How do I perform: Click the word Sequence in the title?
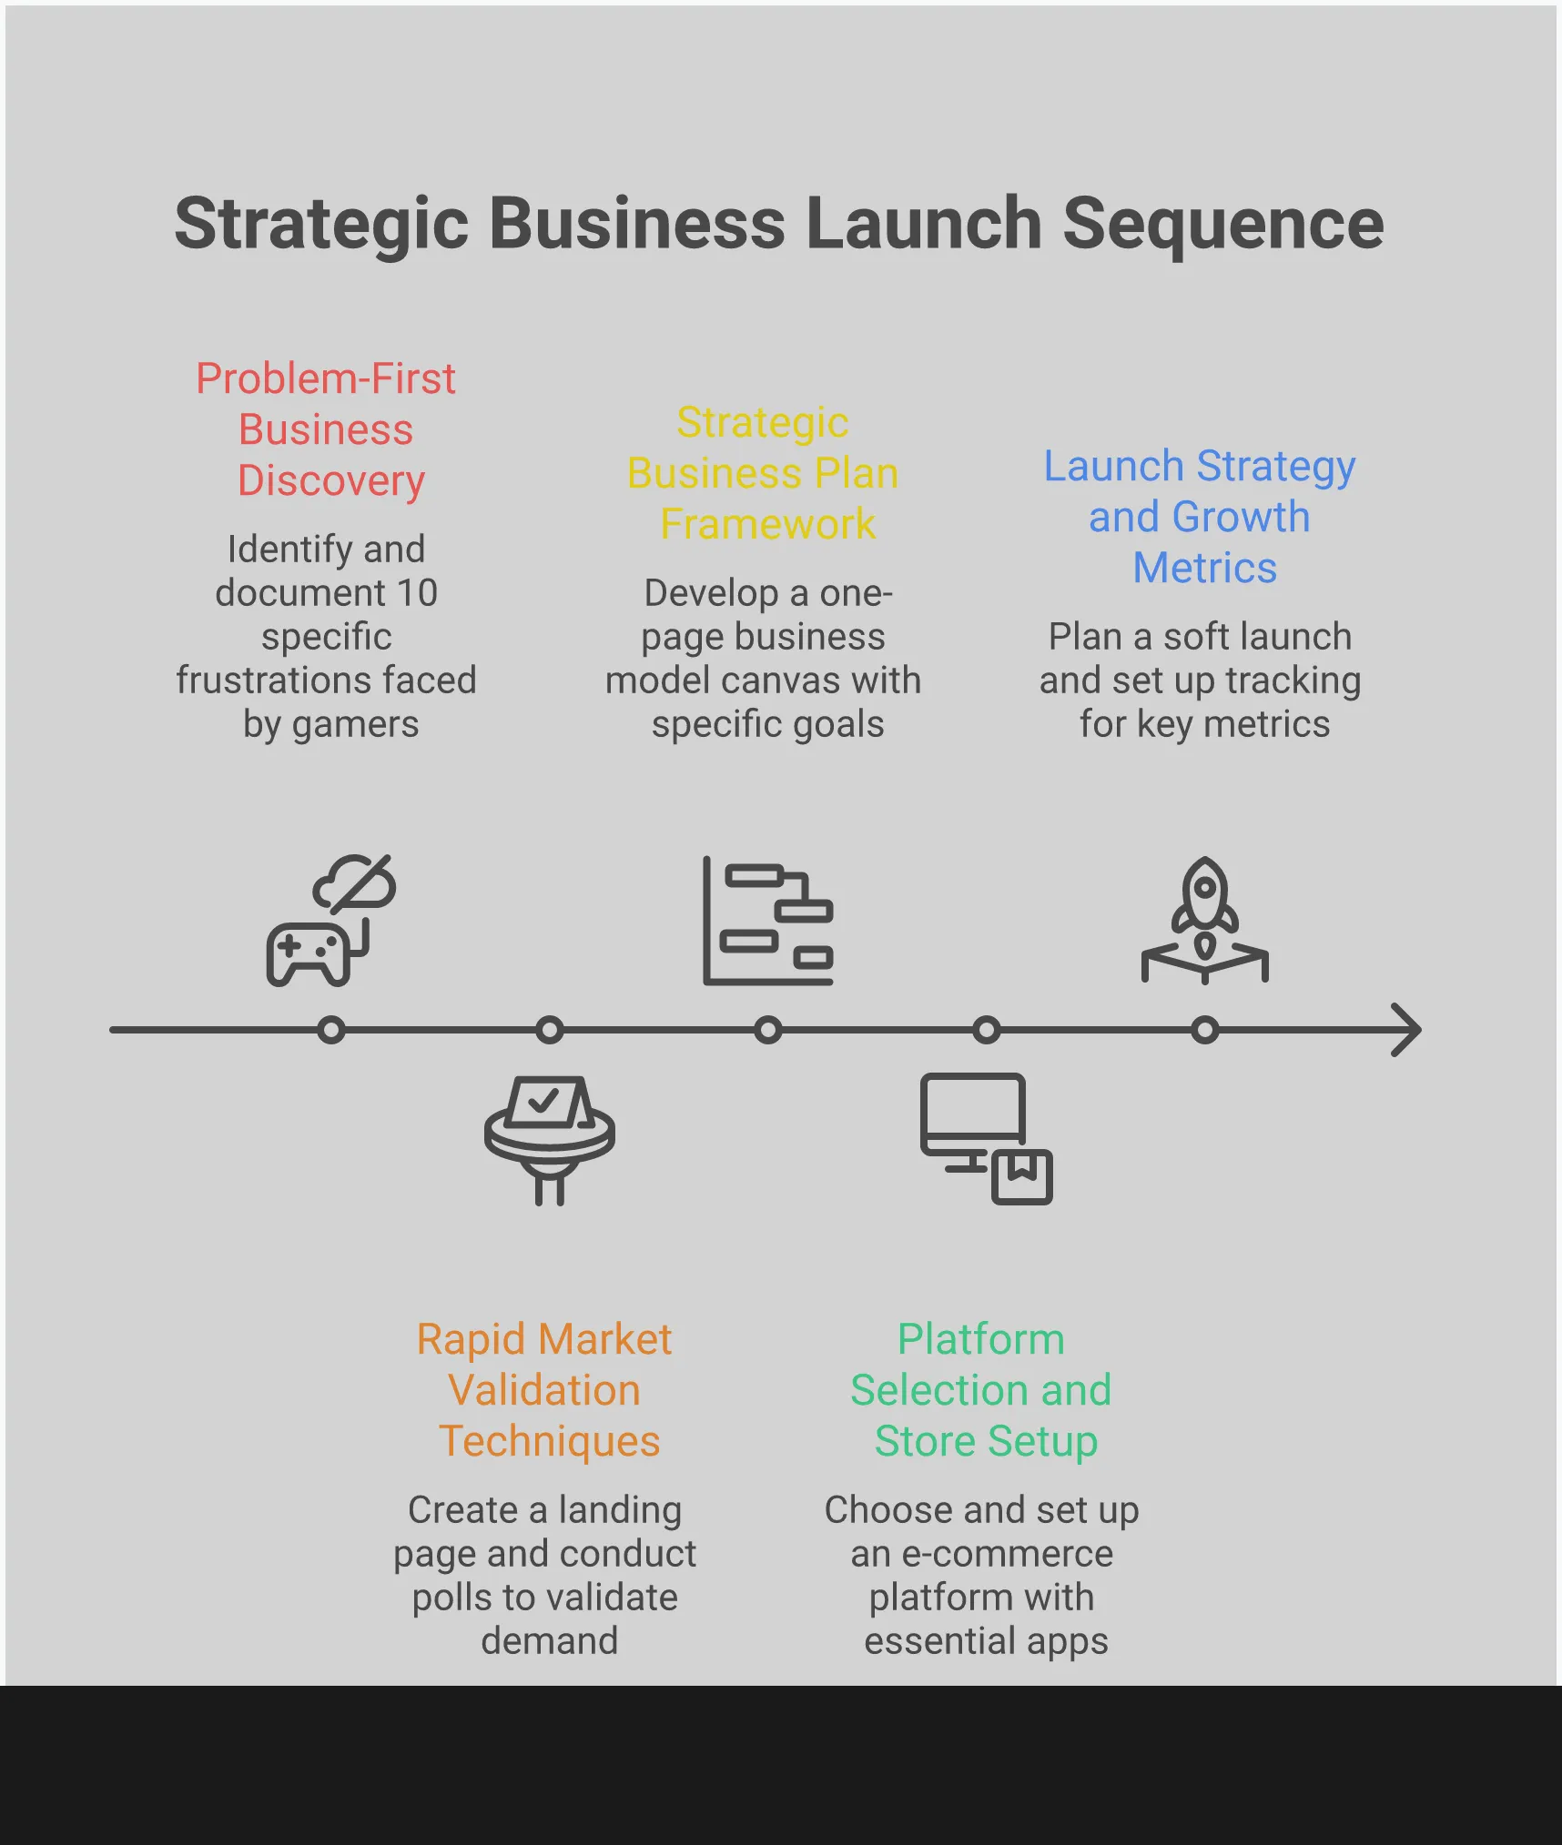(x=1222, y=224)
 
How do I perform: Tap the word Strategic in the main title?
(x=321, y=224)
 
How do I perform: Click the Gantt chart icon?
(x=768, y=921)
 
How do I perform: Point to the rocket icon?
(x=1204, y=919)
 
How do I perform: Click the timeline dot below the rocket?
(x=1204, y=1030)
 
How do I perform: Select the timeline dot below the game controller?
(x=331, y=1030)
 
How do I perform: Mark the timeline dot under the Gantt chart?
(x=768, y=1030)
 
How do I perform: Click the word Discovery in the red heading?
(x=331, y=480)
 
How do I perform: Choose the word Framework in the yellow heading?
(x=767, y=524)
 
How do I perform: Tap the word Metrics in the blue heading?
(x=1204, y=568)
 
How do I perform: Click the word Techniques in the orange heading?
(x=549, y=1441)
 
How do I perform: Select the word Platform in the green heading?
(x=980, y=1339)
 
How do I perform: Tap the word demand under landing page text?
(x=549, y=1641)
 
